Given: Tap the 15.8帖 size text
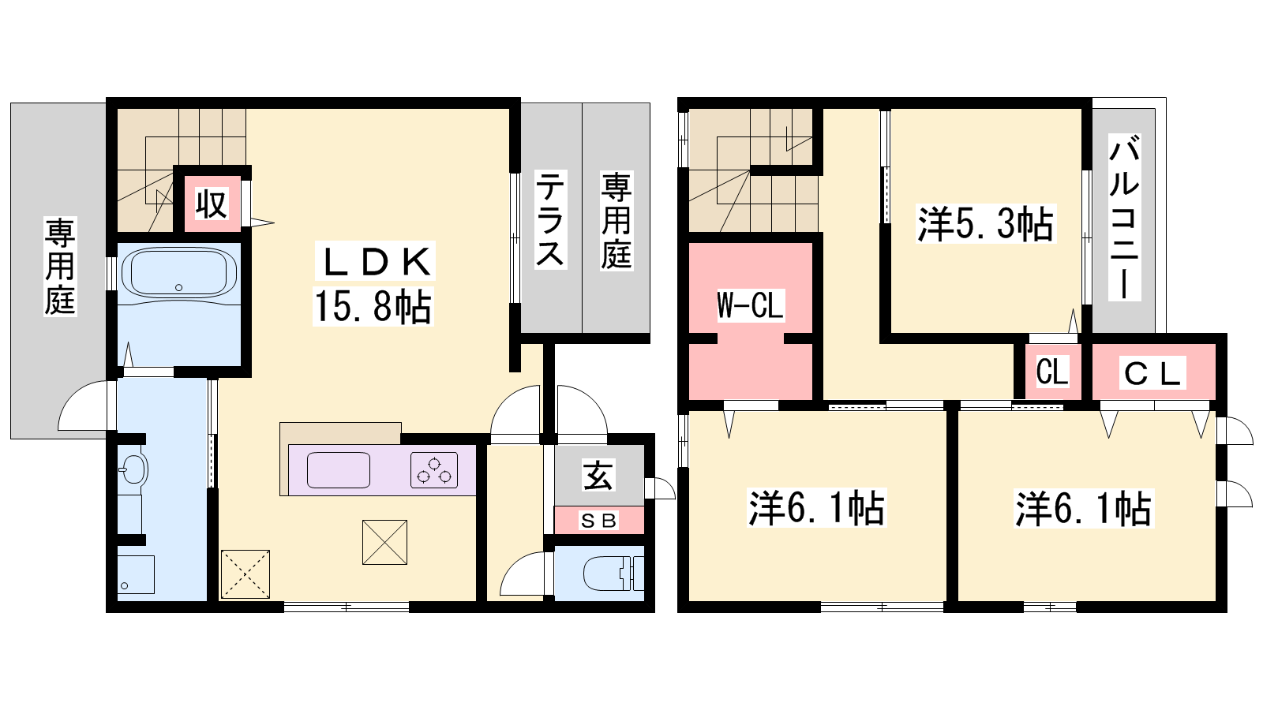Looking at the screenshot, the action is [x=373, y=307].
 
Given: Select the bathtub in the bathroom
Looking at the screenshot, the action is [x=179, y=275].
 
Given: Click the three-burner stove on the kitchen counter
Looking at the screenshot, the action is [x=433, y=470].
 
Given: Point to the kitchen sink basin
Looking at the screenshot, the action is [x=339, y=470].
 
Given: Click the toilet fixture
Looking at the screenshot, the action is [x=613, y=573].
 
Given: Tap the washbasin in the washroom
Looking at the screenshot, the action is [x=134, y=469].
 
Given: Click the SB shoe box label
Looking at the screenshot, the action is [x=599, y=521].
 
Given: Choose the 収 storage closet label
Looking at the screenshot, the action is [x=212, y=204].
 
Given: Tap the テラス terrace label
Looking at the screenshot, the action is [x=549, y=219].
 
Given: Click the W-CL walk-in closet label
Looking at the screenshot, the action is [x=750, y=305].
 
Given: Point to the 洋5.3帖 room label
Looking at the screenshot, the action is [x=985, y=224].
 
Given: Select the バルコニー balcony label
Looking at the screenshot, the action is [x=1124, y=217].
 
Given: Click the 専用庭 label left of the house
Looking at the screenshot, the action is [x=60, y=267].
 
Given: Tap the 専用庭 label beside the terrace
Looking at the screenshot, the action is [x=616, y=221].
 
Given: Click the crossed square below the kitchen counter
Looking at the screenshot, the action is [x=384, y=542].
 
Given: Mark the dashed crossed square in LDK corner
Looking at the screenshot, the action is [x=245, y=574].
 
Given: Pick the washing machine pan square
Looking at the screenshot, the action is [x=136, y=574].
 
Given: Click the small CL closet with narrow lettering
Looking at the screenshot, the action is [x=1052, y=372].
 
